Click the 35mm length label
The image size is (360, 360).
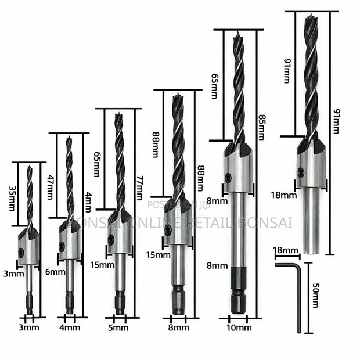(x=12, y=197)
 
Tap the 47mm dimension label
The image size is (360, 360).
(x=51, y=187)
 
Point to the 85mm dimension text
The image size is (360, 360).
(x=261, y=127)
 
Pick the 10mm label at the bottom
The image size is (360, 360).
(x=239, y=328)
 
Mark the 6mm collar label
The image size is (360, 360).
(x=55, y=272)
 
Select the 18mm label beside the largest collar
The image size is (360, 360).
(x=284, y=195)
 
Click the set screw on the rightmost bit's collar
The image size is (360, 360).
(x=301, y=172)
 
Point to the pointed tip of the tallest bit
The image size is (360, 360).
(x=307, y=17)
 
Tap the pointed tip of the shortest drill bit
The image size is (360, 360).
(x=29, y=167)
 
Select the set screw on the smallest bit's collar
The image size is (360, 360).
(x=21, y=253)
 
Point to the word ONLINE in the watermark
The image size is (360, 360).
(x=138, y=223)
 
